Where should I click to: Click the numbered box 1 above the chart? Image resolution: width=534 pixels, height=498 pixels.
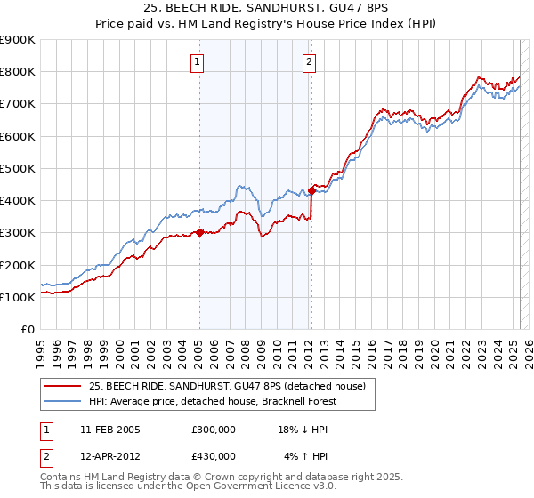click(196, 62)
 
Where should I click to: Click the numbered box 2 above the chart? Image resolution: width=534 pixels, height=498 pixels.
click(308, 62)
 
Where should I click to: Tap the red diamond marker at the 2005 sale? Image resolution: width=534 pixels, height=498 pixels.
click(199, 233)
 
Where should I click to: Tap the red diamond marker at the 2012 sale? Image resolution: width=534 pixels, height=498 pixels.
click(312, 189)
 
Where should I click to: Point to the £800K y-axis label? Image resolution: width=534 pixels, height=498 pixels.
click(18, 72)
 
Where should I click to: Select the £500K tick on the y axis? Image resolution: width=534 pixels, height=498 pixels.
click(18, 168)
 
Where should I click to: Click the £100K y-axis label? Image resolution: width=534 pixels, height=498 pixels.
click(18, 297)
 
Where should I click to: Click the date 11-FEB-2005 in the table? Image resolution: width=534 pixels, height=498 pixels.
click(109, 430)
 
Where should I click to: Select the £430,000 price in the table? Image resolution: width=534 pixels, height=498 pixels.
click(214, 455)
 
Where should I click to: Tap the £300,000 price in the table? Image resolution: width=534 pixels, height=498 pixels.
click(214, 430)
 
